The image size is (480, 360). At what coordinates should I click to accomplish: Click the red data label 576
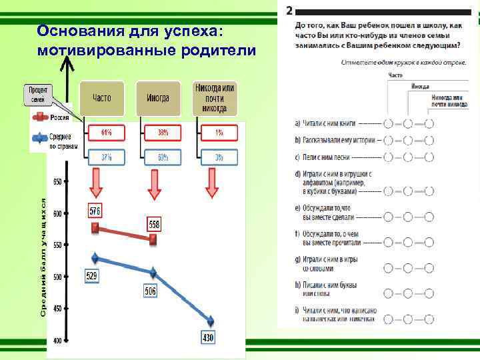coord(95,211)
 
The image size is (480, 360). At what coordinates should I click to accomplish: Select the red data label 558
coord(153,224)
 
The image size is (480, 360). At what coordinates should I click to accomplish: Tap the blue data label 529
coord(91,275)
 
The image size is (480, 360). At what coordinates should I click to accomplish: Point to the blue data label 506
coord(151,291)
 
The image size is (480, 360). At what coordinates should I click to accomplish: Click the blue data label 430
coord(208,337)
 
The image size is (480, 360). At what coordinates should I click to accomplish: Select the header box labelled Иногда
coord(157,98)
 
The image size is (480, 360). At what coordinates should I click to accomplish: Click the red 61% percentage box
coord(107,133)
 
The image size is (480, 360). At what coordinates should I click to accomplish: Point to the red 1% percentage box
coord(219,133)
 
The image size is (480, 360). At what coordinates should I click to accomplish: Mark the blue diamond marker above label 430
coord(211,321)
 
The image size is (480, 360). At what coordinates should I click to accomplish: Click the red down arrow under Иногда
coord(154,183)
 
